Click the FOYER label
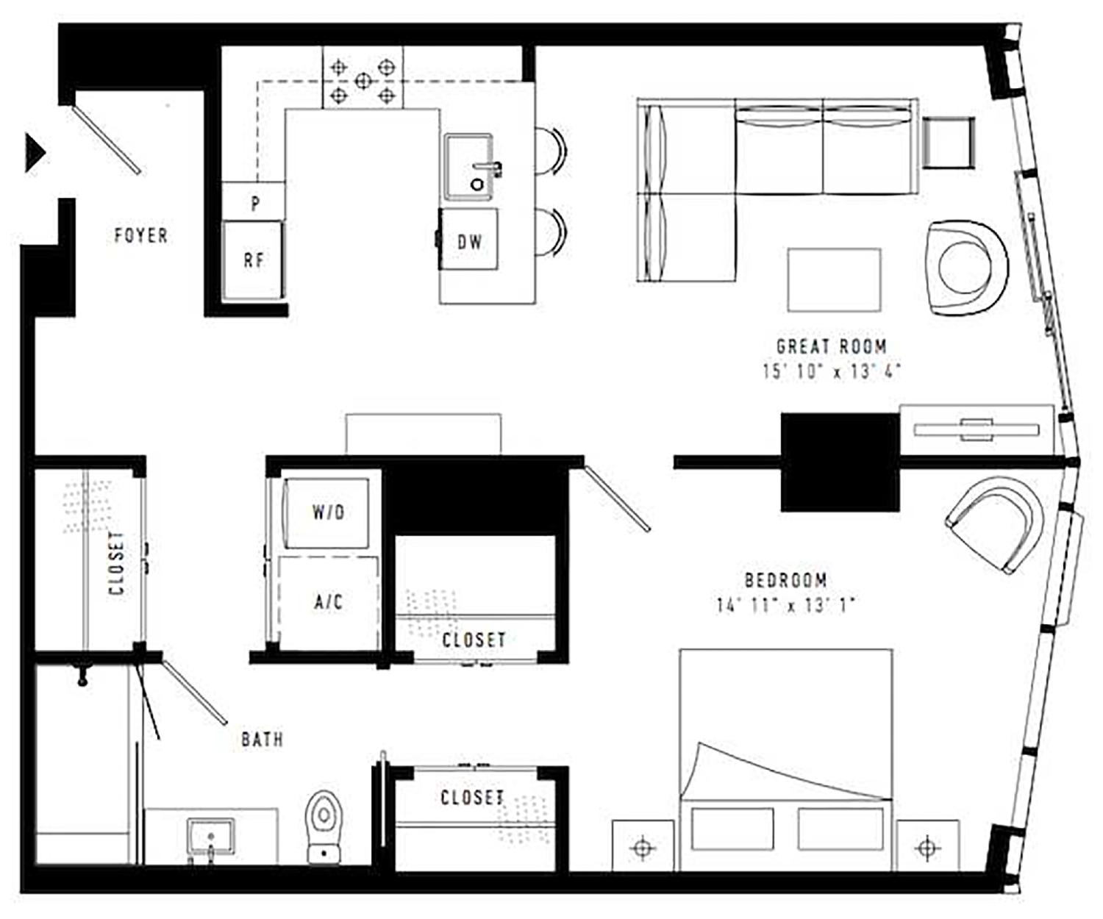(x=141, y=235)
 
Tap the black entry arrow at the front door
(x=35, y=153)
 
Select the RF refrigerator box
(x=252, y=260)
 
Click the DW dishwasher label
(x=470, y=242)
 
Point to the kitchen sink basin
(x=468, y=167)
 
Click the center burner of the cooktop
(x=363, y=81)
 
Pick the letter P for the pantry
(x=256, y=204)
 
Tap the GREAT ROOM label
(x=832, y=346)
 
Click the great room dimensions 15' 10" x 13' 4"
(x=832, y=371)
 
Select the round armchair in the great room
(x=968, y=268)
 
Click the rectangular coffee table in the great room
(x=834, y=280)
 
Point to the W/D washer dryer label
(x=328, y=512)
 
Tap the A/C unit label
(x=328, y=601)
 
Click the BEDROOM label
(x=785, y=581)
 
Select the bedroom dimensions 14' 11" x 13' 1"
(x=785, y=605)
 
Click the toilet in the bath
(x=324, y=827)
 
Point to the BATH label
(x=262, y=740)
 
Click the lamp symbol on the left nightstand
(x=643, y=848)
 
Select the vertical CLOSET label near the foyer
(x=117, y=563)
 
